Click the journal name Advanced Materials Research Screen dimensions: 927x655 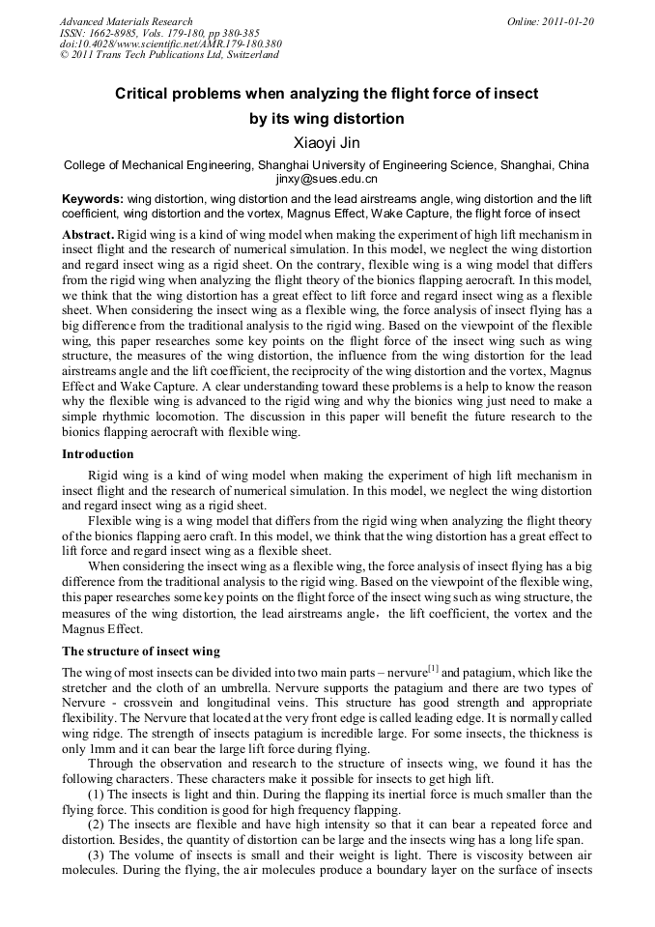(126, 21)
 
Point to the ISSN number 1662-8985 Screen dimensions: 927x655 (114, 33)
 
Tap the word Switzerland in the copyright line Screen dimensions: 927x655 (251, 55)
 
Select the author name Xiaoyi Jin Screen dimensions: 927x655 (327, 144)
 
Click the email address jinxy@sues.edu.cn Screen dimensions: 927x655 (327, 179)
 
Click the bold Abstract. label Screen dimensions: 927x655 (88, 235)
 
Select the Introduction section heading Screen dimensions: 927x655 (98, 454)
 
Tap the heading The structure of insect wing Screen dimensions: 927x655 (141, 652)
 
